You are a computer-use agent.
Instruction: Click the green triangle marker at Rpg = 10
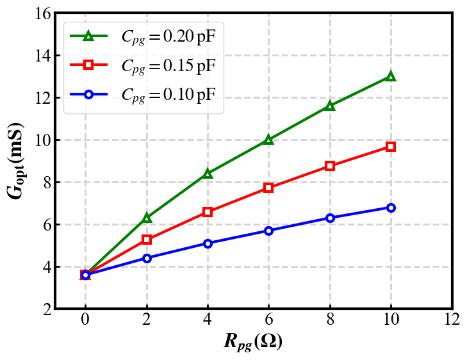[391, 76]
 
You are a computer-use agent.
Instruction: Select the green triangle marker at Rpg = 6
[268, 139]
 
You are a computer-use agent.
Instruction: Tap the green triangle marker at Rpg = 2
[147, 218]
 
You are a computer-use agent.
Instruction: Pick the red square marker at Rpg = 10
[391, 147]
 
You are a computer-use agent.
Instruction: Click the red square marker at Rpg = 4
[208, 211]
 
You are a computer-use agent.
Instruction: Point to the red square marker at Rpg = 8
[330, 166]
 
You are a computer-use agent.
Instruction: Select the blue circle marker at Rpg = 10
[391, 208]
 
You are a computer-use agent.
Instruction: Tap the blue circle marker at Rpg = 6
[268, 231]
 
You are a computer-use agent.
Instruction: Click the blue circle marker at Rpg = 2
[147, 258]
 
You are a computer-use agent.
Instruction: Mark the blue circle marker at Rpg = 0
[85, 275]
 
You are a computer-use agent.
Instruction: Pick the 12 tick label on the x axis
[452, 320]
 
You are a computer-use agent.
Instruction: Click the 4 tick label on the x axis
[208, 320]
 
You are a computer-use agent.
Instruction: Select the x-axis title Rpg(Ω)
[253, 341]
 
